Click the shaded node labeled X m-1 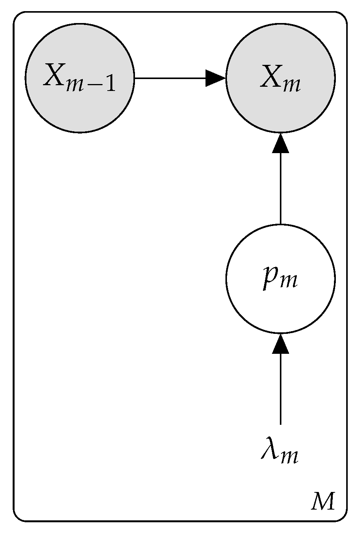80,78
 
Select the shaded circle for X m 280,78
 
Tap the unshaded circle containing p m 280,279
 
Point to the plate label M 322,502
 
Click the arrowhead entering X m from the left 215,78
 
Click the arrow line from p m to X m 280,188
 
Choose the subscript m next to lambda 288,457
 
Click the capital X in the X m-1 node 54,75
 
